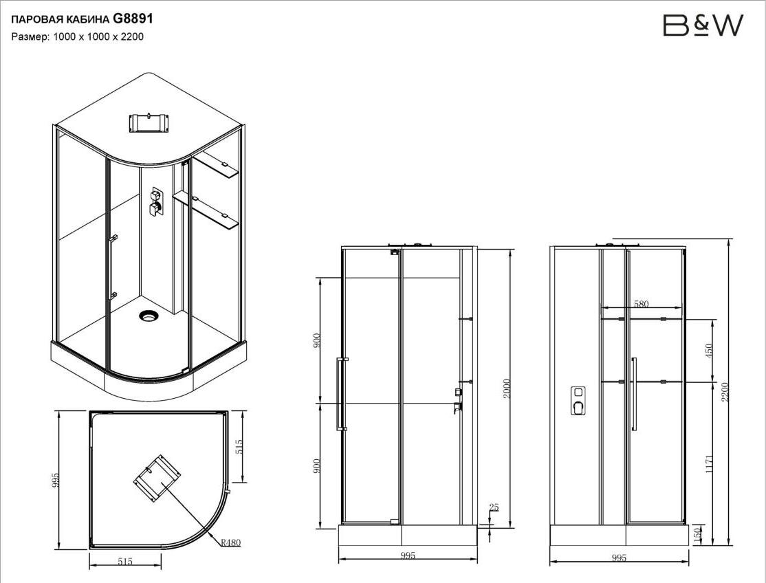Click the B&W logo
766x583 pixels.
[x=703, y=25]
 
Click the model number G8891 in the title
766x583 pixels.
[x=133, y=19]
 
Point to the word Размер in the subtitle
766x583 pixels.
[x=30, y=37]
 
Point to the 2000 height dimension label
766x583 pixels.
[x=507, y=388]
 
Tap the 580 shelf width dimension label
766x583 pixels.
[x=641, y=304]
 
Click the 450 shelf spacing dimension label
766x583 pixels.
[x=710, y=350]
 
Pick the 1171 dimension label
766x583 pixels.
[x=710, y=464]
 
